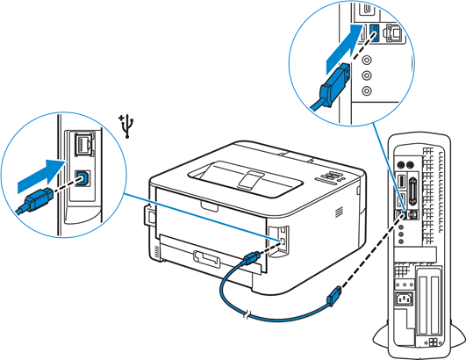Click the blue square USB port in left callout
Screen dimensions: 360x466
83,176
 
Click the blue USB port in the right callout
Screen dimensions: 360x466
374,33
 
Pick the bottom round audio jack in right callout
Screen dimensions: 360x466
367,90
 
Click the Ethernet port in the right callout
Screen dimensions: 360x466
392,33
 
